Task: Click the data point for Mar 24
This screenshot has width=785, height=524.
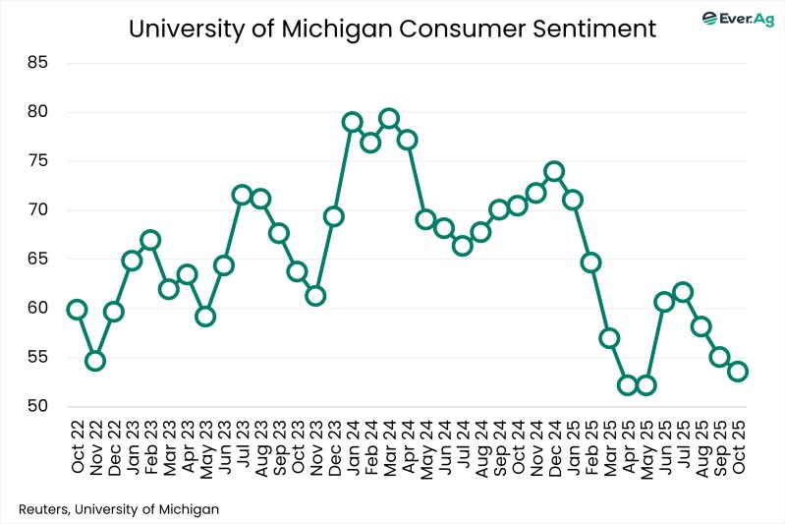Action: coord(388,119)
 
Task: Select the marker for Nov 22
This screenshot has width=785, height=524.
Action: coord(95,361)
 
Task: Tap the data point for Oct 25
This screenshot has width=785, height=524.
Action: coord(738,371)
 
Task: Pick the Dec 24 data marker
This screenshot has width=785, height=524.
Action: coord(554,171)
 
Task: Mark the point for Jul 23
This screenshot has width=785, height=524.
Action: coord(242,195)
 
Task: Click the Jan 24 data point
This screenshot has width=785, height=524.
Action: coord(352,122)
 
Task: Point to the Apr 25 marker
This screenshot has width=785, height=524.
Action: coord(628,384)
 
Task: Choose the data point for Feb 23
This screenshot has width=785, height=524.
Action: coord(150,240)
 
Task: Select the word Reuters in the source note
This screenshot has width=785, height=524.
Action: coord(44,508)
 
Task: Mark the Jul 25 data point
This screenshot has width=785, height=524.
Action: coord(683,292)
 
